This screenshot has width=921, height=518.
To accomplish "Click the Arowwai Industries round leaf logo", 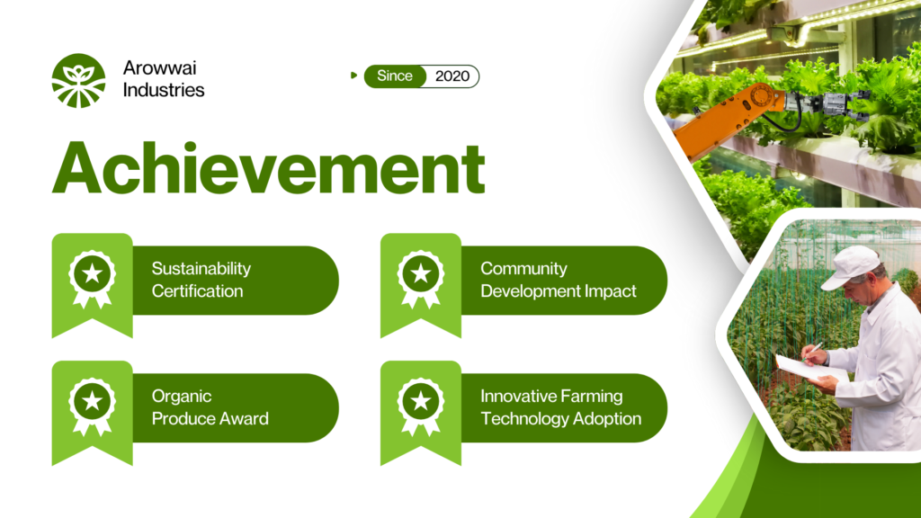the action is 79,80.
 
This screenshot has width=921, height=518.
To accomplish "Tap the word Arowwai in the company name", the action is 159,68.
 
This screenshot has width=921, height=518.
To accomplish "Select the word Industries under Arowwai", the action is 164,90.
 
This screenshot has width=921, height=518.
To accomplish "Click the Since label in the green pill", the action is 394,76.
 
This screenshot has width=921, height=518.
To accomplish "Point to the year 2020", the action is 452,76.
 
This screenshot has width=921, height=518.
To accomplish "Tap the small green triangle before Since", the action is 353,76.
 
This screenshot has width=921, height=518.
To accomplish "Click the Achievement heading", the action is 268,167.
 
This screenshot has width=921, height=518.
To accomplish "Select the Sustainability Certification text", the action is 201,280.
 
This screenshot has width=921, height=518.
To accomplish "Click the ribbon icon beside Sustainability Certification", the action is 93,279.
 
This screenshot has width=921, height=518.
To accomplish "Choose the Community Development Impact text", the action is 558,280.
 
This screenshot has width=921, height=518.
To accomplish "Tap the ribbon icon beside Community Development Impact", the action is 421,279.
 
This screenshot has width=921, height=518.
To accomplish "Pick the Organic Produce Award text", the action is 210,407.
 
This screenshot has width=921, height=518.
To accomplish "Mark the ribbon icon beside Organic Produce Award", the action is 93,406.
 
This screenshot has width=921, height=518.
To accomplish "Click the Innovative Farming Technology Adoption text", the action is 560,407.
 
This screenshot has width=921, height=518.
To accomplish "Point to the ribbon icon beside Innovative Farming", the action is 421,406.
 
